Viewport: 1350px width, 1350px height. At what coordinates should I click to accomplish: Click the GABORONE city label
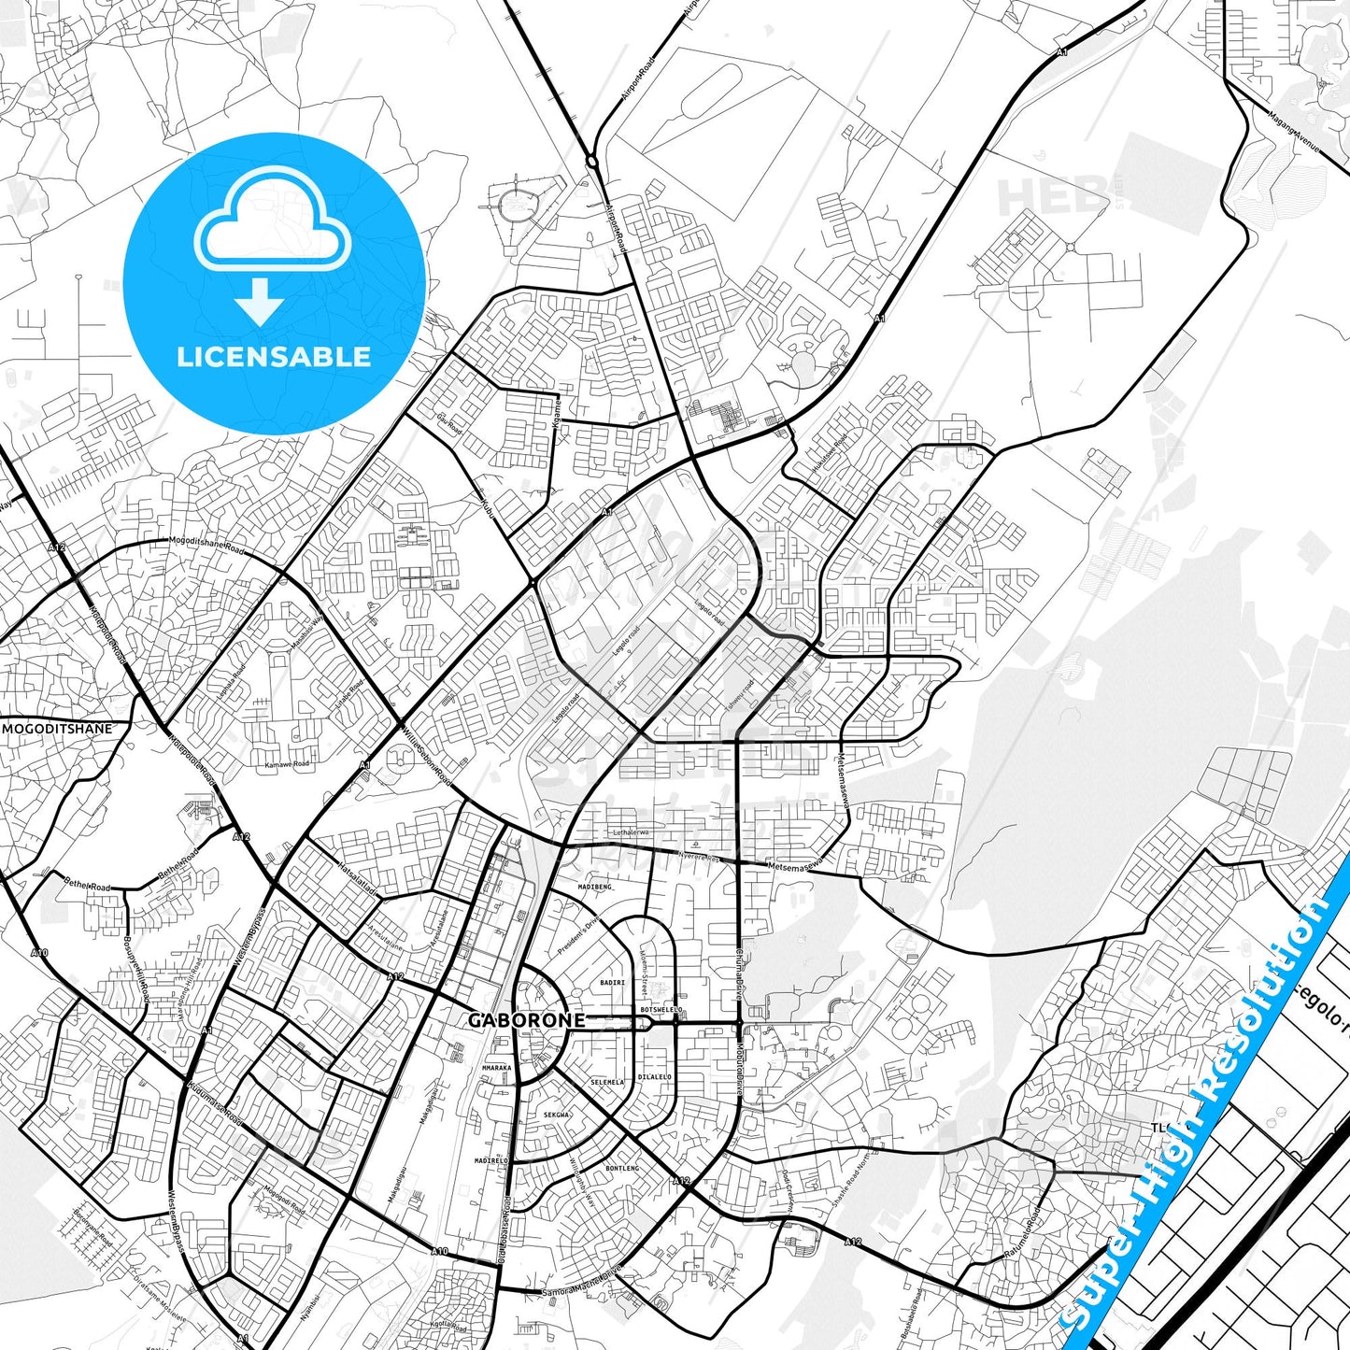tap(526, 1020)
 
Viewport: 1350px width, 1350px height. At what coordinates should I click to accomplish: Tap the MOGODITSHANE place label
tap(57, 729)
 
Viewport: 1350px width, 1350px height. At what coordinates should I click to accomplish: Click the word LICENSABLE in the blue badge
tap(274, 356)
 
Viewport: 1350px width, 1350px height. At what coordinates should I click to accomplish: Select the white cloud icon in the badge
tap(272, 220)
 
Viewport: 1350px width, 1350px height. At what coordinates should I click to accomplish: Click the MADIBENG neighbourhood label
tap(594, 887)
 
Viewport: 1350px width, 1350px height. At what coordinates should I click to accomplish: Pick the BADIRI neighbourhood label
tap(612, 983)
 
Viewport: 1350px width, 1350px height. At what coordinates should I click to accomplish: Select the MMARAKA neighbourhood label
tap(496, 1068)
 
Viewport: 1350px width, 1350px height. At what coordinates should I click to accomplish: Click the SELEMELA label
tap(607, 1082)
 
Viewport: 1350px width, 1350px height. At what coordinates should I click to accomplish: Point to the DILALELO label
tap(654, 1076)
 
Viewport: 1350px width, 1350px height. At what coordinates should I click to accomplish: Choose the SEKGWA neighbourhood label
tap(556, 1115)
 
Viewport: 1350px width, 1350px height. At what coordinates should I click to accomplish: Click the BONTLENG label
tap(622, 1168)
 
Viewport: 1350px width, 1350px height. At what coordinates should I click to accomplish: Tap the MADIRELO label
tap(491, 1160)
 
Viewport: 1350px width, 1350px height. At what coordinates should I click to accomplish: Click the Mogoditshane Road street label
tap(206, 544)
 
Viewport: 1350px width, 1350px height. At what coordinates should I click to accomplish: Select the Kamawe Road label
tap(287, 764)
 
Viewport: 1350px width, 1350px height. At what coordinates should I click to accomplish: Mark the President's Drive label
tap(577, 936)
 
